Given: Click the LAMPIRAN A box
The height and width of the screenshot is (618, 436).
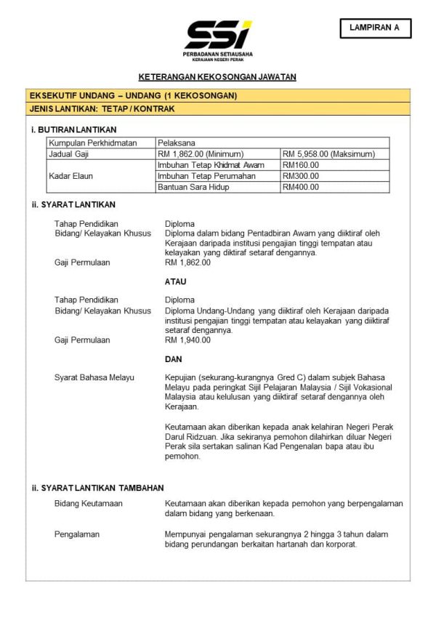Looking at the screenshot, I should (375, 28).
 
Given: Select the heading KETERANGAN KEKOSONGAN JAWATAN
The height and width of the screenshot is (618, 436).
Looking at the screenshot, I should (217, 77).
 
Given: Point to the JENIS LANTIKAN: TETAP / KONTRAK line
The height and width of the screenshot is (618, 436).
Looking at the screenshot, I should (102, 109).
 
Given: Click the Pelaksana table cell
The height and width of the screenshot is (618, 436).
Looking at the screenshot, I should (176, 143).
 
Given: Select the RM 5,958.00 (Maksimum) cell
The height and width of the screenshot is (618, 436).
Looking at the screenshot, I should (328, 154).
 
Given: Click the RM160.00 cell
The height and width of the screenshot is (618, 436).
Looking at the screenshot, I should (301, 165).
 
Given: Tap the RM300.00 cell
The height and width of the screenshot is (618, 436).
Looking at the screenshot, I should (301, 176).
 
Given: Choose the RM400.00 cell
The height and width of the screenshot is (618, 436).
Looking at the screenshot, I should (301, 187).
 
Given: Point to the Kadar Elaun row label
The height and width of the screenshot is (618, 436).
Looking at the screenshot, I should (71, 176).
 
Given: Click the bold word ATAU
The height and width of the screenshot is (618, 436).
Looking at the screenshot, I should (176, 281).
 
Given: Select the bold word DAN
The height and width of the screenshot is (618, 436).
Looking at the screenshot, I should (174, 359).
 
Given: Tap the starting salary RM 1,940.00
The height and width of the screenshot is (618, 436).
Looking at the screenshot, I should (187, 340).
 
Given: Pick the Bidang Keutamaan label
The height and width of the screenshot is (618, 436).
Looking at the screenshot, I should (89, 503).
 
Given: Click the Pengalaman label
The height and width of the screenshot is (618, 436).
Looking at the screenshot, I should (77, 534).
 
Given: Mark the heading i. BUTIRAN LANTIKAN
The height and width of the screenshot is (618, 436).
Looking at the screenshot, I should (74, 129).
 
